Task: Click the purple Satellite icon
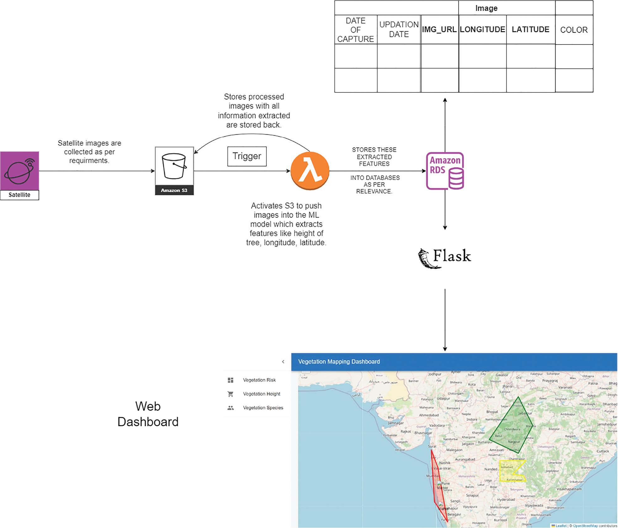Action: coord(19,171)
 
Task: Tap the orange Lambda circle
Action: coord(310,171)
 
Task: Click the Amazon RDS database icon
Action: coord(445,171)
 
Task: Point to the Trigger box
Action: coord(247,156)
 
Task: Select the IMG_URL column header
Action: coord(439,30)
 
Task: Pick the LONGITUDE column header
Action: coord(482,30)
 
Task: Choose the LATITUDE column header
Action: coord(530,30)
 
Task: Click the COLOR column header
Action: coord(574,30)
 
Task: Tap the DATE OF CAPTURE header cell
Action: coord(356,30)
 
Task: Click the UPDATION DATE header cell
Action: coord(399,29)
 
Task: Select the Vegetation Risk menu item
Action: coord(259,380)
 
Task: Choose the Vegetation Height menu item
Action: coord(262,394)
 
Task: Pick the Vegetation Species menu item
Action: coord(263,408)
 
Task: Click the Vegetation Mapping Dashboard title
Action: coord(339,362)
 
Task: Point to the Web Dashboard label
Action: coord(148,414)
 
